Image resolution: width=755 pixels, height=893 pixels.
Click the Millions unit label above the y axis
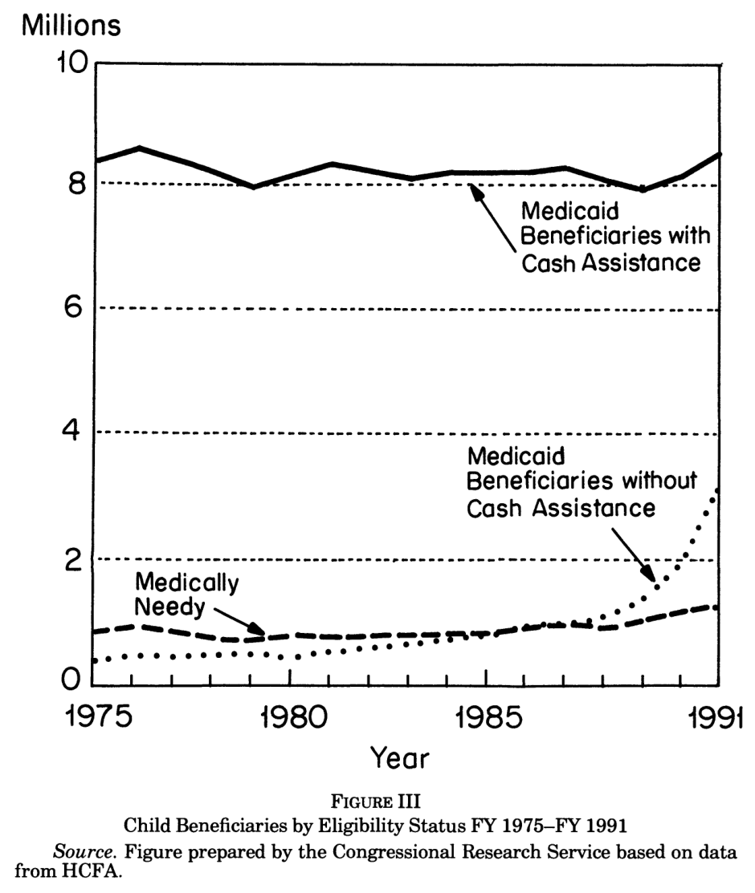(71, 26)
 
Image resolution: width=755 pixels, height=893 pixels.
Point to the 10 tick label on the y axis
(71, 62)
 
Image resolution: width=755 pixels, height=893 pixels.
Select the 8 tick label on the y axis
(76, 184)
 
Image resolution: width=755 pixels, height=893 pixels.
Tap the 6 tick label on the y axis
(74, 307)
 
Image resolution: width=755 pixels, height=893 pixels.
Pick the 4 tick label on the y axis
(71, 431)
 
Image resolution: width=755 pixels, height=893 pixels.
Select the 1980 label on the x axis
(294, 716)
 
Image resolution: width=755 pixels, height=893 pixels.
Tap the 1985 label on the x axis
(489, 716)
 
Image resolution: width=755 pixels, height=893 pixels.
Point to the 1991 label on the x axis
(716, 716)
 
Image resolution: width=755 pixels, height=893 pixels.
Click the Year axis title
(400, 758)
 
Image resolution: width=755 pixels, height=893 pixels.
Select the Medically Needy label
(186, 595)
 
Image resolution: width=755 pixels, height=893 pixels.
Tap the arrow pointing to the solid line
(492, 217)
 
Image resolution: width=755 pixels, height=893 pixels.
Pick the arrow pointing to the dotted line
(634, 555)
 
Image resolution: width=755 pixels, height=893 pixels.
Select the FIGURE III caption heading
(375, 802)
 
